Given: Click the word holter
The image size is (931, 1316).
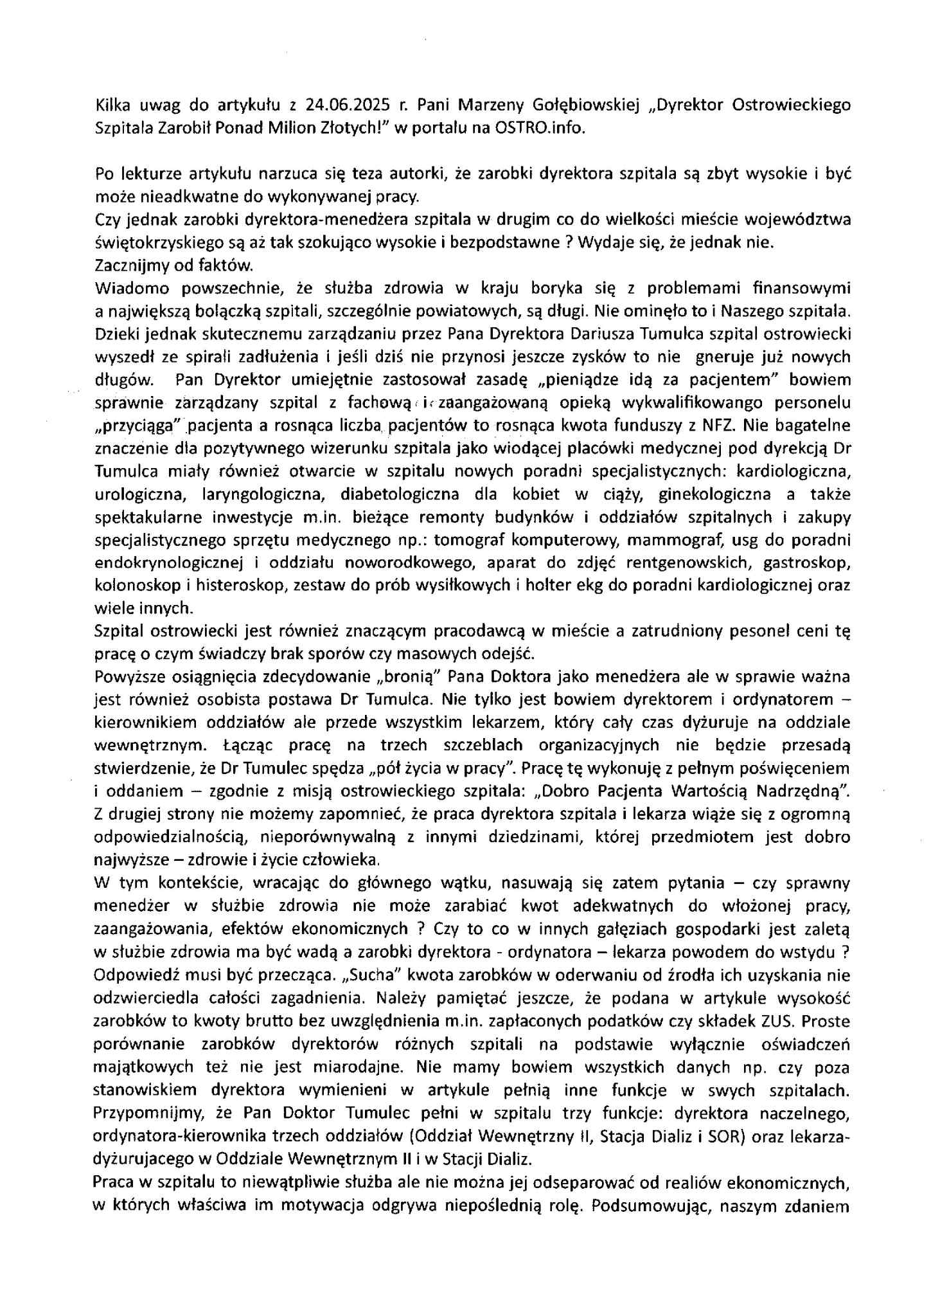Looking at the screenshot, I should point(553,586).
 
